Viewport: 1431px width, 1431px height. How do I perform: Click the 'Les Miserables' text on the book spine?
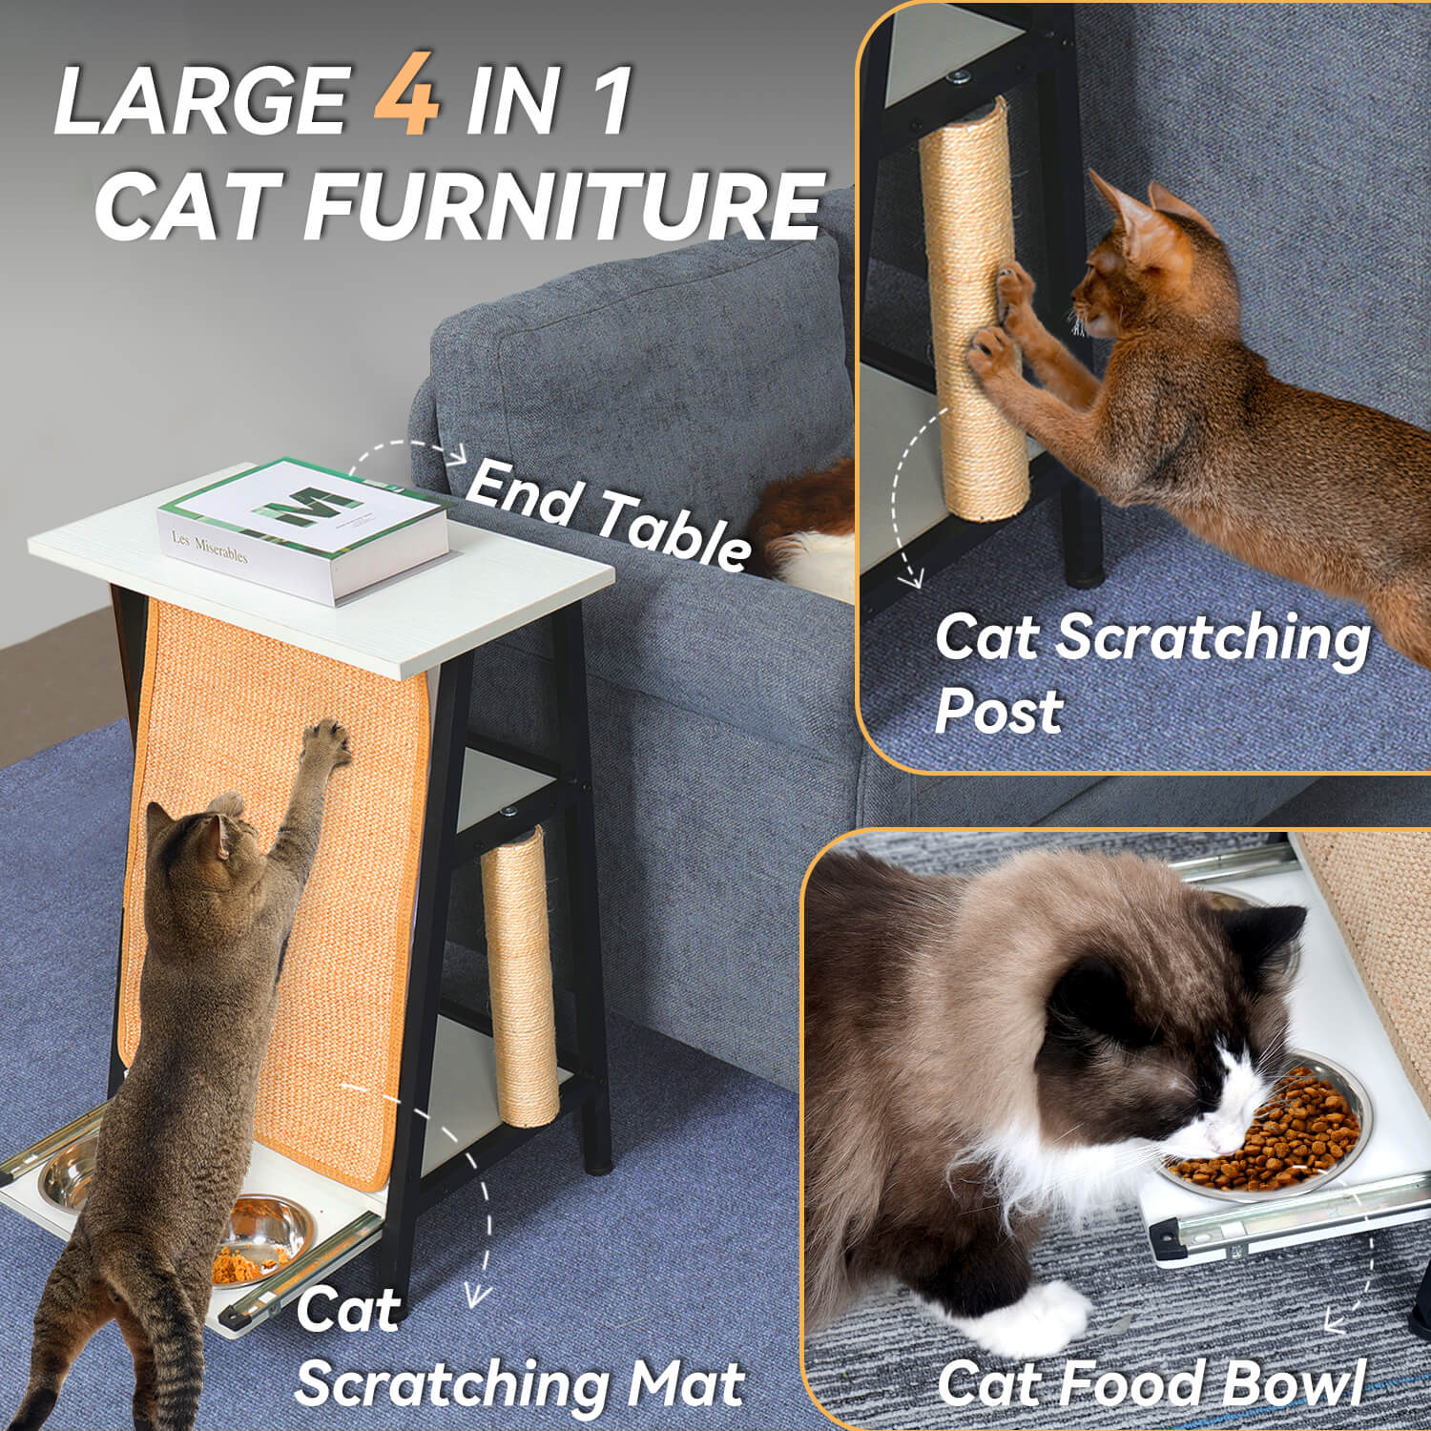[210, 547]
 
